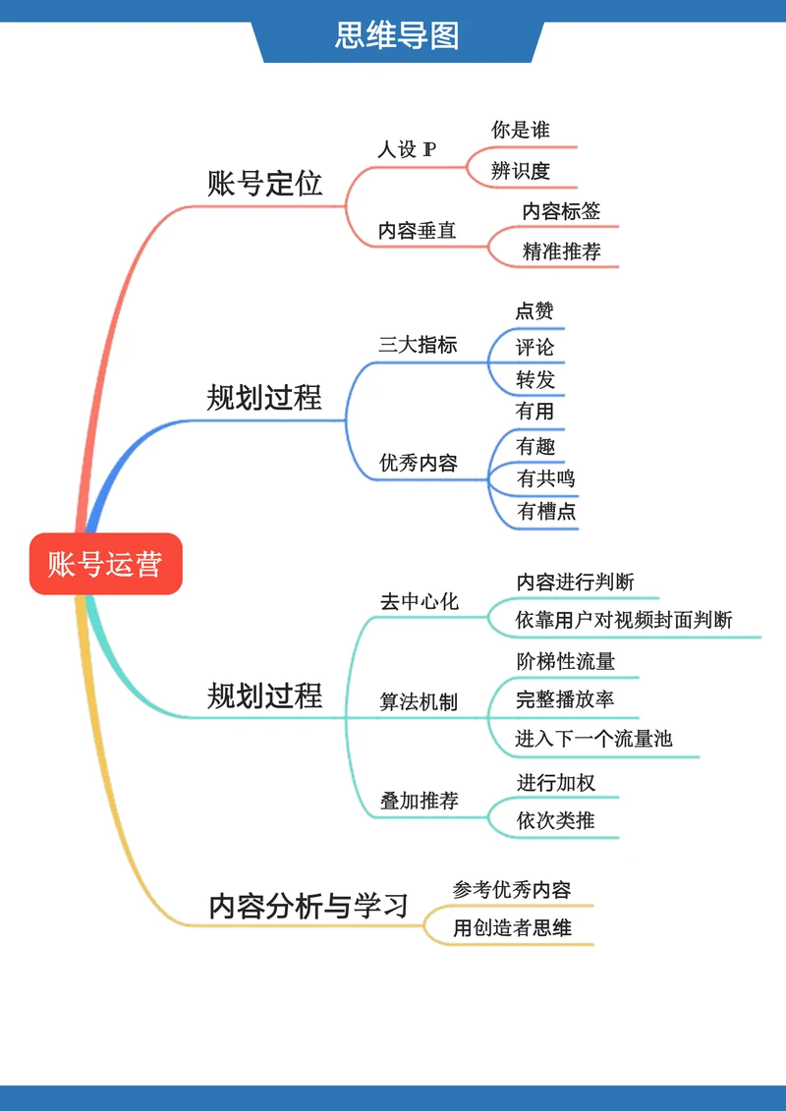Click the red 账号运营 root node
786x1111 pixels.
[105, 564]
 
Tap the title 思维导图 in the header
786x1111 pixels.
[397, 36]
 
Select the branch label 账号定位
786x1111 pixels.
[264, 184]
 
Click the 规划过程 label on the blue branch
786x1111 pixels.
[264, 398]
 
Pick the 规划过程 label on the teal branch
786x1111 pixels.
[264, 695]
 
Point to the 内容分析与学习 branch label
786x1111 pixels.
[309, 906]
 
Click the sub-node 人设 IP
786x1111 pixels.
[407, 150]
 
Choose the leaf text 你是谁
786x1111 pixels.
[520, 130]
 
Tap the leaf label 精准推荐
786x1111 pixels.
[561, 251]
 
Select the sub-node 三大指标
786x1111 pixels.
[418, 345]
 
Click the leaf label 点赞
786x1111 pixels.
[534, 311]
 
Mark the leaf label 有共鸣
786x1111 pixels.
[545, 479]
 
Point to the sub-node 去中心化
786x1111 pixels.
[419, 601]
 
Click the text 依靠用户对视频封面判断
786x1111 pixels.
[624, 620]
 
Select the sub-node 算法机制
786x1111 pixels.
[419, 702]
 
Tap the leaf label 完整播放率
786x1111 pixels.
[565, 699]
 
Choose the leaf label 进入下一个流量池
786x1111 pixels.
[593, 739]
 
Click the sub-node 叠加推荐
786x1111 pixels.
[419, 801]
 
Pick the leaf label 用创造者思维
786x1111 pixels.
[512, 927]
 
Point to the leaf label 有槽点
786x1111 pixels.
[546, 512]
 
